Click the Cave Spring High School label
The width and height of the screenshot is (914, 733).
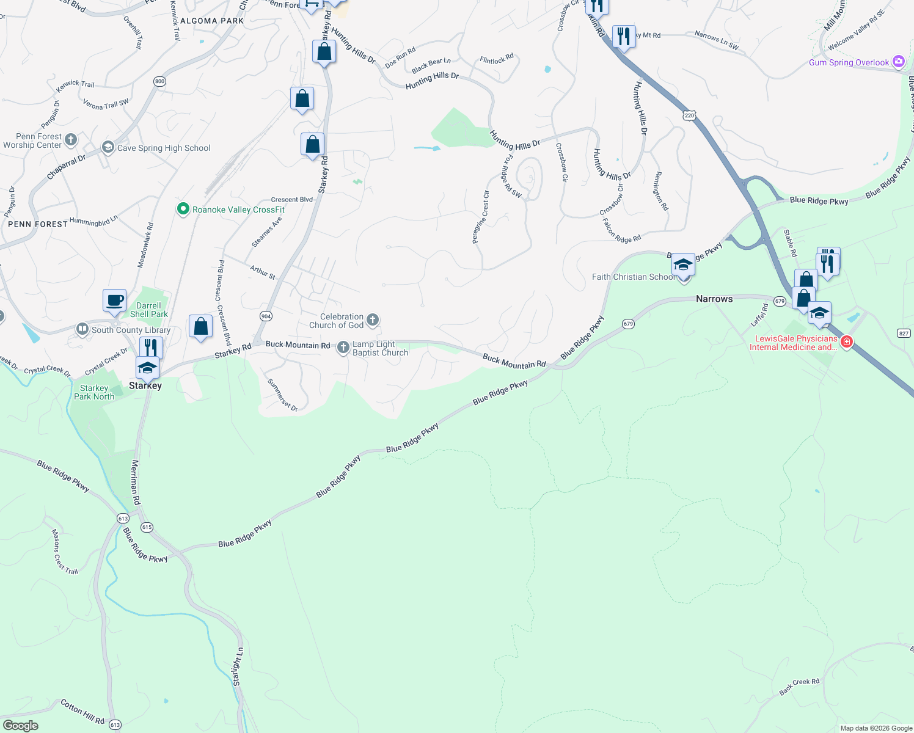point(163,148)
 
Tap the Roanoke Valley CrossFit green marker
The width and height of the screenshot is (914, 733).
point(183,210)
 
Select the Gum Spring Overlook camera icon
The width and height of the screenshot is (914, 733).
point(898,62)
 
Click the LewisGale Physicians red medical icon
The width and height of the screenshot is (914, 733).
point(847,342)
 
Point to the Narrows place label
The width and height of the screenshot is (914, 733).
point(714,299)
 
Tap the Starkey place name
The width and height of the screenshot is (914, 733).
point(145,385)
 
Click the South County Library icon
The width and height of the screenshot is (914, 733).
point(82,330)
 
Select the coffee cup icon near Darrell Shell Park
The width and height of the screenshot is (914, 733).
point(115,301)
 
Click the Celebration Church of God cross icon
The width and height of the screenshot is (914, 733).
point(373,320)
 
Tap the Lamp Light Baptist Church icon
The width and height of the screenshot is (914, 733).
point(343,348)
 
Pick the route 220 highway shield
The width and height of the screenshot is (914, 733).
point(690,115)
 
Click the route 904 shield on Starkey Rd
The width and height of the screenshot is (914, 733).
point(266,316)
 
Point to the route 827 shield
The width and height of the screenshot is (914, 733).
point(904,333)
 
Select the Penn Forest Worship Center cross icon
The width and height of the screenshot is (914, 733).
point(71,140)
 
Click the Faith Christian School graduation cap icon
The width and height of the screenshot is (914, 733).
point(683,265)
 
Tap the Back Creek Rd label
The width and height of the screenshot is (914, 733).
point(799,687)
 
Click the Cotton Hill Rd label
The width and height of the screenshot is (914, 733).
point(82,712)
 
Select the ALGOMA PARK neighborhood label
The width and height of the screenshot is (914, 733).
point(212,21)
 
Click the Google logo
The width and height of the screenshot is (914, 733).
point(21,726)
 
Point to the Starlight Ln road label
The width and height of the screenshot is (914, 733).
point(238,666)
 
